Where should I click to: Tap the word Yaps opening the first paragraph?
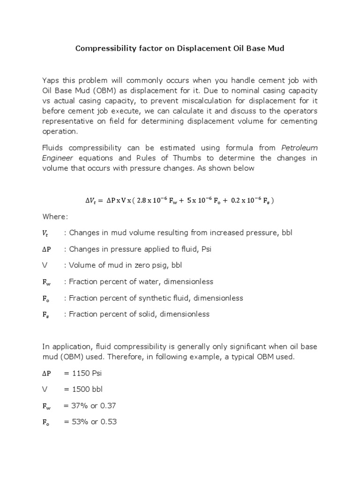tap(51, 80)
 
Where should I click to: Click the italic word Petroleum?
tap(299, 148)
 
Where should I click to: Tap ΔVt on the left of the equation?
tap(92, 201)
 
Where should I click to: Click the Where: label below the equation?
tap(55, 217)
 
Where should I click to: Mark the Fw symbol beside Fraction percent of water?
tap(46, 282)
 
